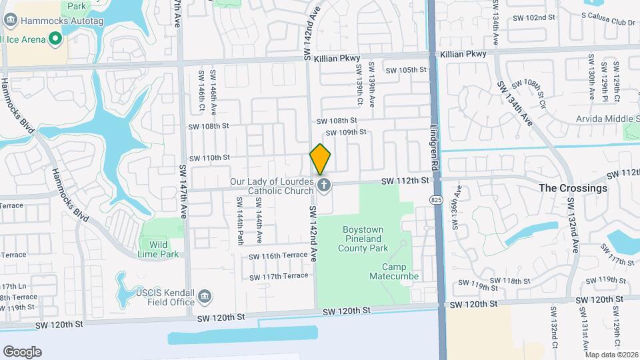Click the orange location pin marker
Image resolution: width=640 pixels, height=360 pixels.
pos(320,159)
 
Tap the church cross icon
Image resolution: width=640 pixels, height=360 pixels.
pos(324,185)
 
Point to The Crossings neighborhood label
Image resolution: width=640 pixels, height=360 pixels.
pos(573,188)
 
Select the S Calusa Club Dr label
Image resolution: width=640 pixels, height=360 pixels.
pos(608,14)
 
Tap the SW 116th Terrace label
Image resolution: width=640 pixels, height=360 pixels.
pos(278,256)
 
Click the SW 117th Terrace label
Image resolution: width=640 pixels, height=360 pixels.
pos(278,276)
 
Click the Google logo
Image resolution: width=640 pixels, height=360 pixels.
pos(22,352)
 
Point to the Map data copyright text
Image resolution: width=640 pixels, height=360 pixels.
pos(611,355)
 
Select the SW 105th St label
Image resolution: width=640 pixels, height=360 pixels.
pos(404,69)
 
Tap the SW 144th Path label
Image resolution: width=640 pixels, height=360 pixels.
pos(239,221)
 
